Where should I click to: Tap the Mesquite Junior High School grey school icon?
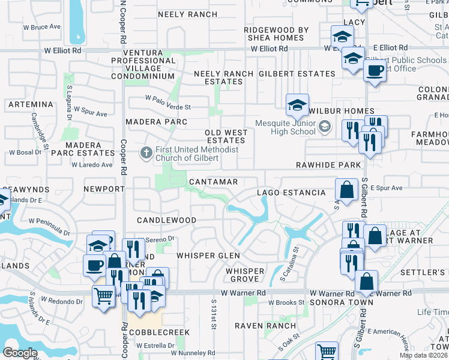[325, 126]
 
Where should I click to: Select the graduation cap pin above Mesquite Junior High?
[297, 106]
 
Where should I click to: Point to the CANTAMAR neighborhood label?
[213, 181]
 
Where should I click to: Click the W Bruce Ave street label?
[42, 27]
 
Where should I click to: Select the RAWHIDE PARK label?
[328, 165]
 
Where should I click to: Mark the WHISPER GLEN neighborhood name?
[208, 256]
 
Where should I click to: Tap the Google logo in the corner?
[20, 353]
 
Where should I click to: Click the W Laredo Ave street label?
[92, 164]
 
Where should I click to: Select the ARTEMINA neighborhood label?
[31, 104]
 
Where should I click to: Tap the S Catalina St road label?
[295, 262]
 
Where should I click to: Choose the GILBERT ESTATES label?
[297, 74]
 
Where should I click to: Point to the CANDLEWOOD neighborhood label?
[166, 220]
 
